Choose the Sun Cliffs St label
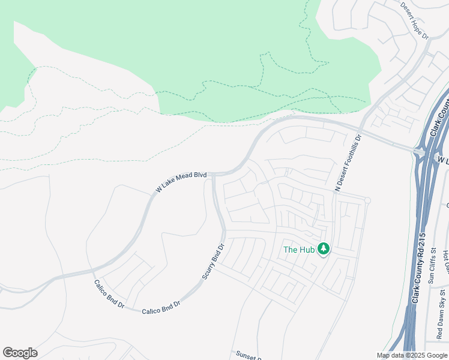coord(432,269)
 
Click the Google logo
coord(20,353)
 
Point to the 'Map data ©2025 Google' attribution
coord(412,355)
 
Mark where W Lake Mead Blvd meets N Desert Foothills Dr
coord(360,129)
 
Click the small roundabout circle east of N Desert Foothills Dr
coord(367,200)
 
